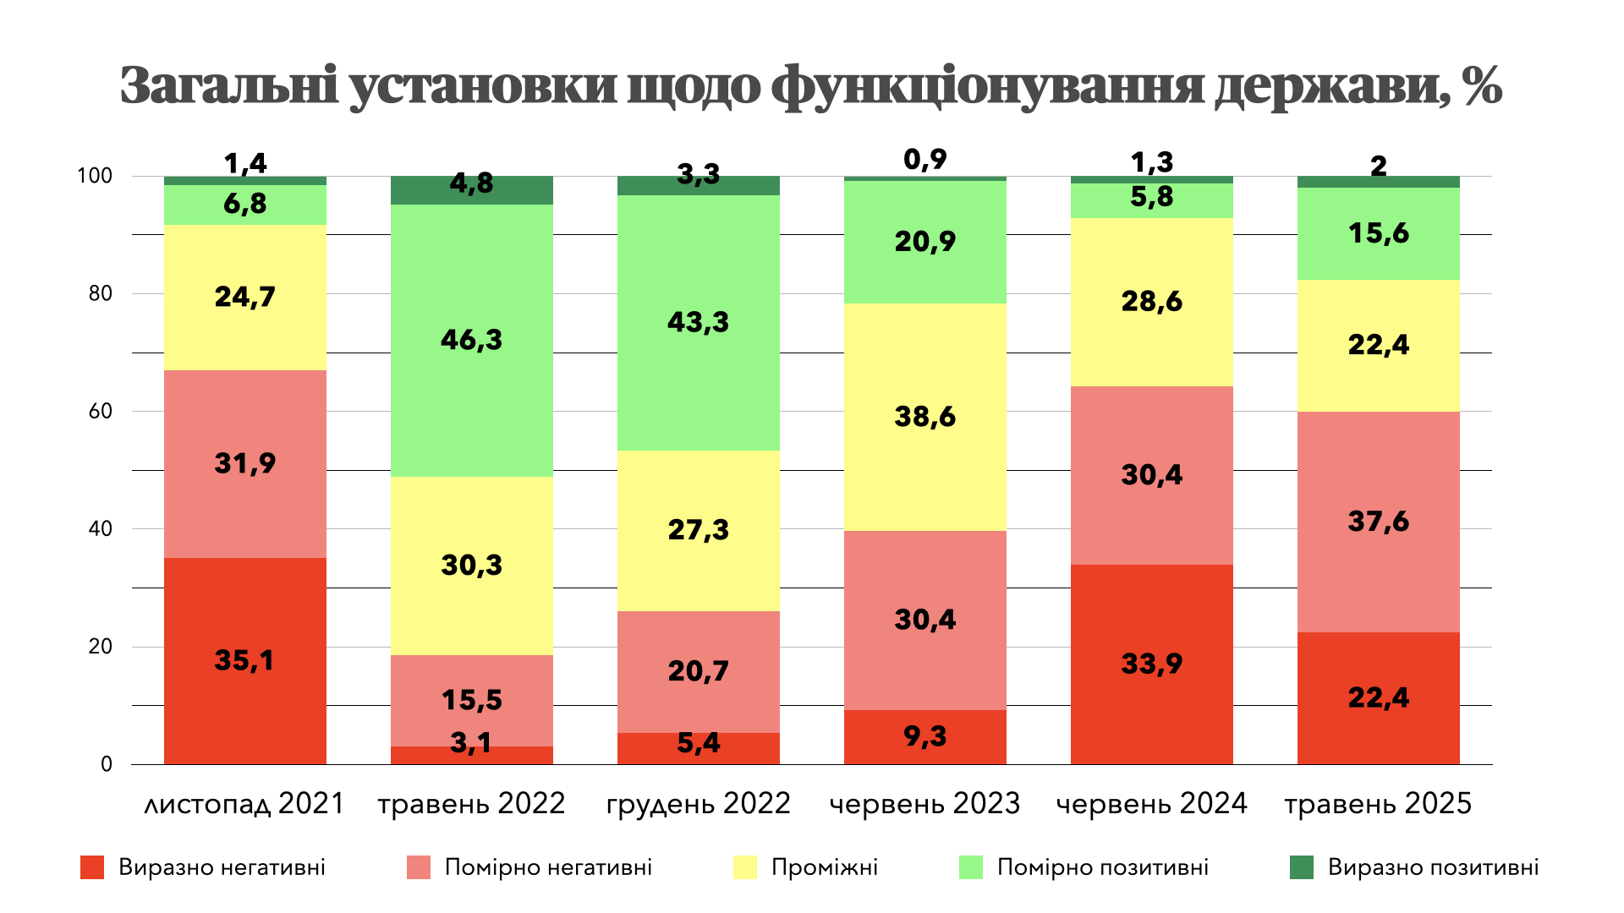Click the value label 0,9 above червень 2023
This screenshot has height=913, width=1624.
coord(925,159)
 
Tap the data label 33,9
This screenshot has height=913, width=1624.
coord(1152,664)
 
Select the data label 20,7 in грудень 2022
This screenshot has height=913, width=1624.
coord(699,671)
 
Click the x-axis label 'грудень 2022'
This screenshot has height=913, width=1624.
coord(699,803)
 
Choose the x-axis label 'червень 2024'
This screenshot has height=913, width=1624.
coord(1152,803)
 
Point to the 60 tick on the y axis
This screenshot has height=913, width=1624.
coord(101,411)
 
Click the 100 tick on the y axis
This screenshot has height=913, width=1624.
coord(95,176)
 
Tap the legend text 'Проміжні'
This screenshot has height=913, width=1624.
coord(825,867)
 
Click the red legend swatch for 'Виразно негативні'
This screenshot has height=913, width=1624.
coord(92,867)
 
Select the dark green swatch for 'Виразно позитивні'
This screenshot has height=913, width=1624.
coord(1302,867)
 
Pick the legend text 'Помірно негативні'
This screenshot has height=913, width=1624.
coord(548,867)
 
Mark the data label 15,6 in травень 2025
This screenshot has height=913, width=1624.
coord(1379,233)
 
